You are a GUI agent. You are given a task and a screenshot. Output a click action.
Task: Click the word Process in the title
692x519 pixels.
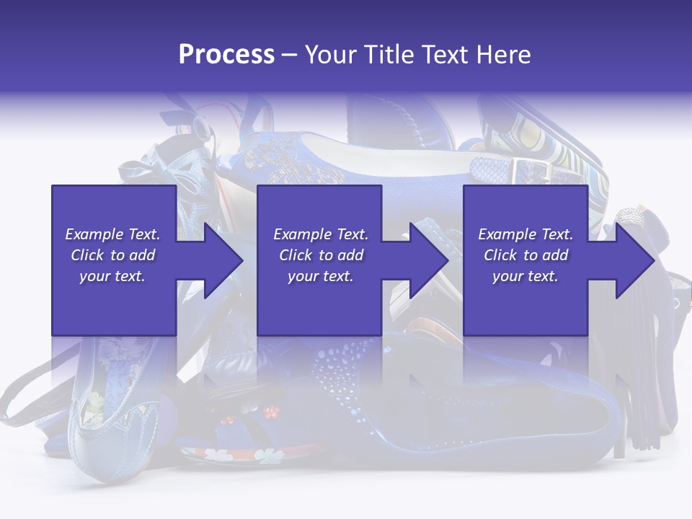[x=226, y=55]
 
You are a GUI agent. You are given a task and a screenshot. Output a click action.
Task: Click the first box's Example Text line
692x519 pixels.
[x=112, y=234]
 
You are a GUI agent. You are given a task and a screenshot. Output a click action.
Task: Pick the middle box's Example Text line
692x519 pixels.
[x=320, y=234]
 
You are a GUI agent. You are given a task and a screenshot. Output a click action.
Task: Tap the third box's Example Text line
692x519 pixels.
[x=525, y=234]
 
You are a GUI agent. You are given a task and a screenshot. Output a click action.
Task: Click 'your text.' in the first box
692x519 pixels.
[x=112, y=276]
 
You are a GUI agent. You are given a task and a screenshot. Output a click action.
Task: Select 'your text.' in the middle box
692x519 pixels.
[x=320, y=276]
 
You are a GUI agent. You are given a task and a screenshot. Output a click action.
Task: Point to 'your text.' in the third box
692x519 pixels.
[x=525, y=276]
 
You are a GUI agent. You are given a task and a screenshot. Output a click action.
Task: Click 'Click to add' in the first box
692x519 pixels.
[x=112, y=255]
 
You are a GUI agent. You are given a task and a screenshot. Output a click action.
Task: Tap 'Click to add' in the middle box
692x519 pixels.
[x=320, y=255]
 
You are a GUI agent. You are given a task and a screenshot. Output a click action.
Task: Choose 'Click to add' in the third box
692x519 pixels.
[x=525, y=255]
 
